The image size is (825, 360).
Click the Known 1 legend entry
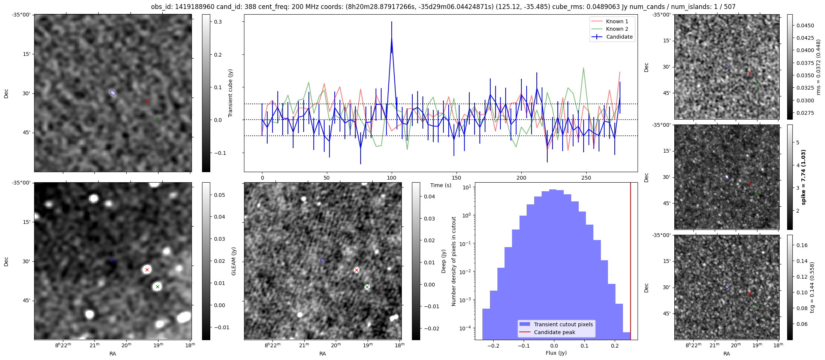tap(617, 21)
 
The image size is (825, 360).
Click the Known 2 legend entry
tap(617, 29)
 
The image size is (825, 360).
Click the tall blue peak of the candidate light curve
tap(392, 37)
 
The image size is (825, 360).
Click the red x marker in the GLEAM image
tap(147, 270)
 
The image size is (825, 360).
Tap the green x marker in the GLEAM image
tap(157, 287)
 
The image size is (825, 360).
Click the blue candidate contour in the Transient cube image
tap(113, 93)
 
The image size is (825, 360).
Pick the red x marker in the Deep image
tap(356, 270)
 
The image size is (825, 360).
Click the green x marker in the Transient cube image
tap(157, 118)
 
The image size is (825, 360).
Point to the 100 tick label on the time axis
tap(391, 178)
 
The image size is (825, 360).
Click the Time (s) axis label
tap(440, 185)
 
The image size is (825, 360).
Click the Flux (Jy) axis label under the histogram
tap(556, 353)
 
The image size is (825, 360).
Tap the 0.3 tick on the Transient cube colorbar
tap(218, 22)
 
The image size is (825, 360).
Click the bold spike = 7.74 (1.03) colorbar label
tap(803, 177)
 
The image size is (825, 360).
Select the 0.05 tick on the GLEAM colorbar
tap(220, 195)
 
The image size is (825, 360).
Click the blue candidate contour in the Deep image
tap(323, 261)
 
